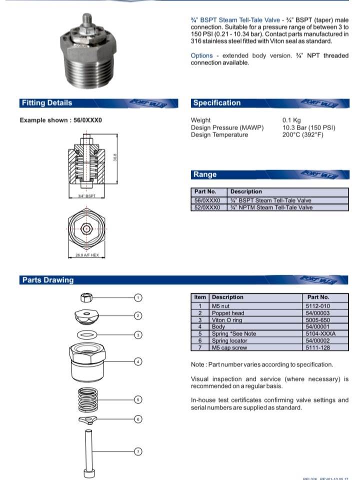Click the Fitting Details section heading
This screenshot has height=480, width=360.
(x=46, y=103)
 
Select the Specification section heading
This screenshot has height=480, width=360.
(x=216, y=103)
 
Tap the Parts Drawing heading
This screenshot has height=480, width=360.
(x=47, y=280)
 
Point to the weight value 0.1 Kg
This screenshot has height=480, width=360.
(x=291, y=120)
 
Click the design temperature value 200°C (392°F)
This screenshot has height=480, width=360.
(x=302, y=135)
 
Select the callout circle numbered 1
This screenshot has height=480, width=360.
(x=139, y=297)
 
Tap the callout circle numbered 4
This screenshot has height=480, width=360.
(x=139, y=361)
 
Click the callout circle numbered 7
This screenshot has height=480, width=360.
(x=139, y=451)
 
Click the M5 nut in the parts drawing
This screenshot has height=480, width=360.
(x=86, y=298)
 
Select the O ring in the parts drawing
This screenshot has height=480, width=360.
(x=88, y=334)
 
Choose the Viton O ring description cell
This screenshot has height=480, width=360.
(x=227, y=320)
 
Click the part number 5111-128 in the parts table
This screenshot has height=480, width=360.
(x=317, y=347)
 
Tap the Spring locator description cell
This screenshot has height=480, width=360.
(x=229, y=340)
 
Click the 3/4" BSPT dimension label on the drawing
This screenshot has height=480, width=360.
(x=86, y=196)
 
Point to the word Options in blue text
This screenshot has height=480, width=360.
(x=201, y=56)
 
